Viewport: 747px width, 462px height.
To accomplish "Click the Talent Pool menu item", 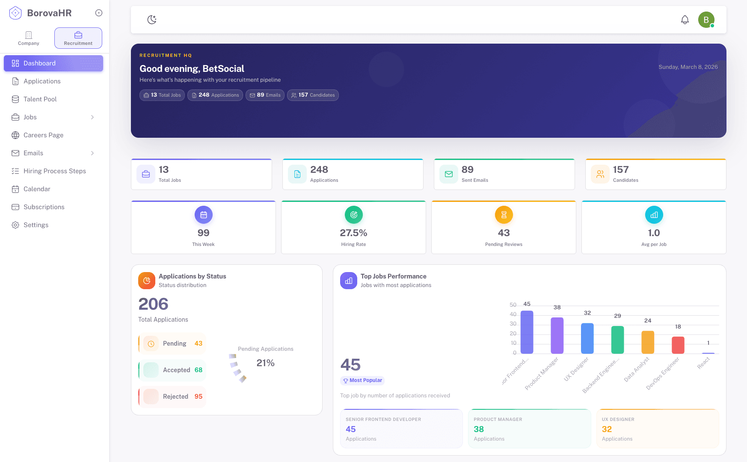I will [x=40, y=99].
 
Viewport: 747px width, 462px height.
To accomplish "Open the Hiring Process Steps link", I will [x=54, y=171].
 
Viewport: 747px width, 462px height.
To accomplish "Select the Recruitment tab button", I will [x=78, y=38].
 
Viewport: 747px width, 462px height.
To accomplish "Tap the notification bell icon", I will [x=685, y=20].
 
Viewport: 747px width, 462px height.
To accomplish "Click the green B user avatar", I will [x=706, y=20].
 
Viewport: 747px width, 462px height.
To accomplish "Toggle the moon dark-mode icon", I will [x=152, y=20].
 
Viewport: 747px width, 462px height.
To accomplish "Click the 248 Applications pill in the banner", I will [x=215, y=95].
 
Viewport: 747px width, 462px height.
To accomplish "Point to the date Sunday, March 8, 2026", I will [x=688, y=67].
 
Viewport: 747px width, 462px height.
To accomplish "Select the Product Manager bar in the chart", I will [x=557, y=335].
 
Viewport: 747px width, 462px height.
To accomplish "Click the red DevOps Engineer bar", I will [x=678, y=345].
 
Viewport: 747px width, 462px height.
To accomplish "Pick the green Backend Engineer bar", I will [x=617, y=340].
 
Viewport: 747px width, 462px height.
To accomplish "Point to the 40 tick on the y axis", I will [x=513, y=314].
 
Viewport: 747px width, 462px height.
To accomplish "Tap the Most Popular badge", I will [x=362, y=380].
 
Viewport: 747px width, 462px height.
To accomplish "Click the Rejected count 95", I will [x=199, y=397].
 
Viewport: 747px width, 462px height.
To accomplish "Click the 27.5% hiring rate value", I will [x=353, y=233].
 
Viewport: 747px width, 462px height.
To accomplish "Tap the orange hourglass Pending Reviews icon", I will [x=504, y=215].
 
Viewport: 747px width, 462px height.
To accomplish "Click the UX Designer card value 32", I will [x=607, y=429].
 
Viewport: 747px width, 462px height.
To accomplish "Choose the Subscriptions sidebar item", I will [x=44, y=207].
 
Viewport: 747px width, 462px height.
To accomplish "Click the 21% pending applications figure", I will [x=265, y=363].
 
